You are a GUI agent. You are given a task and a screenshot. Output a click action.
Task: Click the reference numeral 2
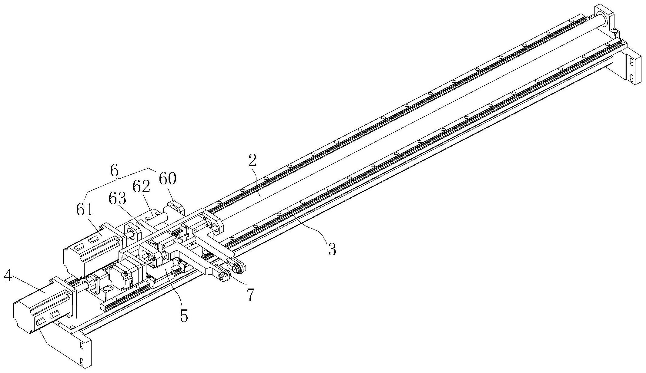click(252, 161)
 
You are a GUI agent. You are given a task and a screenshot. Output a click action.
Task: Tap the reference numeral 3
click(332, 249)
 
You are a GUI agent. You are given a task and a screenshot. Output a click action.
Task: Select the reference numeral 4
click(8, 276)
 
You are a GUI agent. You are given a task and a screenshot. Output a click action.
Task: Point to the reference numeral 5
click(184, 316)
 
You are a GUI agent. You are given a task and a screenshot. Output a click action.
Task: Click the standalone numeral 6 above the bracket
click(114, 171)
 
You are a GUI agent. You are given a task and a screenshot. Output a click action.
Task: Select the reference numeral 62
click(141, 187)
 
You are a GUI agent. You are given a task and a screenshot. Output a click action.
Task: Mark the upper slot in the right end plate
click(631, 62)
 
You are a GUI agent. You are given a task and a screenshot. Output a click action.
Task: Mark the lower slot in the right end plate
click(631, 78)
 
